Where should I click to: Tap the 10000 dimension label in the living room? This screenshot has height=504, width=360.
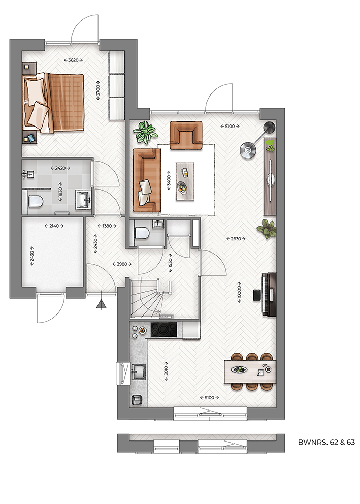[239, 294]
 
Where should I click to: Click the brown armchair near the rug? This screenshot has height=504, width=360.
[186, 135]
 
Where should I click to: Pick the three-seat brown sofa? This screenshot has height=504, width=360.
[146, 180]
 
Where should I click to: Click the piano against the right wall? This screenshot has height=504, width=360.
[268, 295]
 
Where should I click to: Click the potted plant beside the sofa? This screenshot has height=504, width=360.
[145, 132]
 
